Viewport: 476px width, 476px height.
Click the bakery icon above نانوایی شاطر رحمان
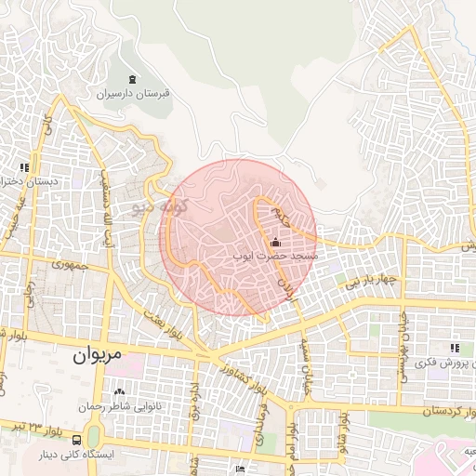[119, 391]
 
